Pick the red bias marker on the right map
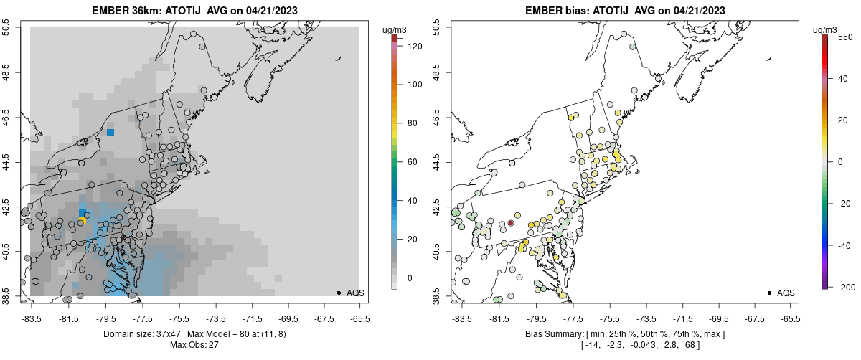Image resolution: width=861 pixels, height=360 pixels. point(511,223)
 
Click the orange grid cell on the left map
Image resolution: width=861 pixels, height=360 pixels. point(82,219)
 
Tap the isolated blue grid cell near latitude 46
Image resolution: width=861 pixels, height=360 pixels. point(110,132)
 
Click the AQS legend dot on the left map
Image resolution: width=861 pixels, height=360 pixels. point(338,293)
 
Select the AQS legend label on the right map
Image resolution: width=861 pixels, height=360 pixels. point(786,293)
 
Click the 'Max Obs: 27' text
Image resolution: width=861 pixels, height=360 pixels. point(194,345)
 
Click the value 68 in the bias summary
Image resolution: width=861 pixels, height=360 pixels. point(687,345)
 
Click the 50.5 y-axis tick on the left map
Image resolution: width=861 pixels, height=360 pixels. point(6,28)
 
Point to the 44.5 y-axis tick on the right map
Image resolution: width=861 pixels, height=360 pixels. point(438,162)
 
